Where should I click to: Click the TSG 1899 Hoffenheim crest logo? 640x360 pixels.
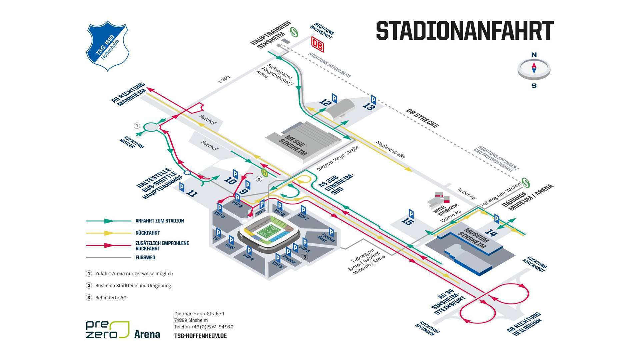[x=107, y=46]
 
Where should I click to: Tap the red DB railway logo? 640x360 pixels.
[x=317, y=44]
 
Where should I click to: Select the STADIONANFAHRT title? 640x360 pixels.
[x=465, y=31]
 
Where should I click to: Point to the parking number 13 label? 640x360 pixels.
[x=369, y=106]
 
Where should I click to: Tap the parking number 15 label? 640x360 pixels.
[x=407, y=221]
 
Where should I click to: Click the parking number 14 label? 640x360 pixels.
[x=491, y=232]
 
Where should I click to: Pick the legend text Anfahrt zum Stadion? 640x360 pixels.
[x=159, y=221]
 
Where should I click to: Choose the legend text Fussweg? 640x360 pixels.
[x=145, y=257]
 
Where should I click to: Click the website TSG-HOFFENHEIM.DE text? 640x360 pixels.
[x=200, y=336]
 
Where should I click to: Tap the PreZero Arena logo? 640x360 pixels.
[x=123, y=330]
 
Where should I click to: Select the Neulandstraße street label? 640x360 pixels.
[x=390, y=149]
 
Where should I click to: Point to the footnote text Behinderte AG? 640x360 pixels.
[x=111, y=298]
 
